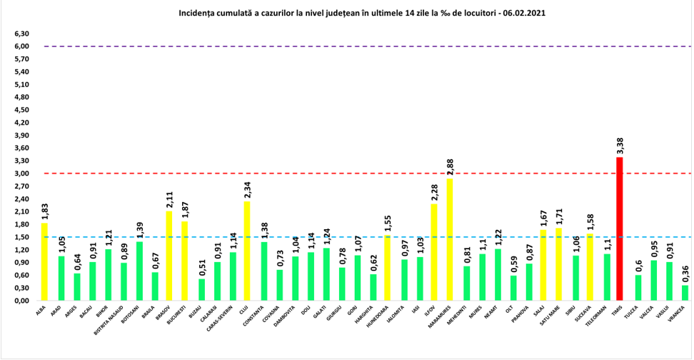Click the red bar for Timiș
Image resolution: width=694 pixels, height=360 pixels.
click(x=619, y=229)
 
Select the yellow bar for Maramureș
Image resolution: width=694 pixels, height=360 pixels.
click(x=450, y=239)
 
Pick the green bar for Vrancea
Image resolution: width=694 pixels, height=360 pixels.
click(x=685, y=293)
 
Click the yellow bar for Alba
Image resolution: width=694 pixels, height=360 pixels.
click(x=44, y=261)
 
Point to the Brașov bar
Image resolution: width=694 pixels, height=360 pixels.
click(x=169, y=256)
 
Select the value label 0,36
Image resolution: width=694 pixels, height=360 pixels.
click(x=685, y=271)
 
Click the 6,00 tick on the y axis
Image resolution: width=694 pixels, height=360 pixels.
click(x=21, y=46)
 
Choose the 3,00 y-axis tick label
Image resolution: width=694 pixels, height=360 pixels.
click(x=21, y=174)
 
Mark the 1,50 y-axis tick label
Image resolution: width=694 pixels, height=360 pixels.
click(x=21, y=237)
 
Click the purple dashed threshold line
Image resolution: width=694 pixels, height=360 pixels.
click(x=357, y=46)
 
